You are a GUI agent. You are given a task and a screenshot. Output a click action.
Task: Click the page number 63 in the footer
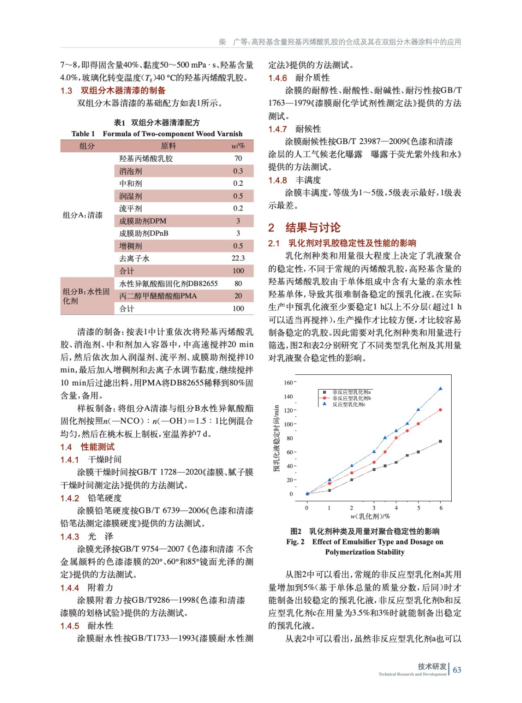click(x=457, y=670)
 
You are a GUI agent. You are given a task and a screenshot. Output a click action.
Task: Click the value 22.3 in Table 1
click(x=238, y=258)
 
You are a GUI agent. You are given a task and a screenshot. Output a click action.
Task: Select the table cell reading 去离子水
click(x=134, y=258)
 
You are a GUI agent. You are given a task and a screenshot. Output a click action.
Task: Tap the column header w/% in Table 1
click(x=238, y=146)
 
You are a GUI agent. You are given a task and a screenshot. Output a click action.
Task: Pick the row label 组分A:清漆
click(x=83, y=215)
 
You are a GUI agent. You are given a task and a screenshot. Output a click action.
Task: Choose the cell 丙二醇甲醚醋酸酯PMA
click(x=158, y=296)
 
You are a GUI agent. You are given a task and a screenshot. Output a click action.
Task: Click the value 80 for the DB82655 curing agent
click(x=238, y=283)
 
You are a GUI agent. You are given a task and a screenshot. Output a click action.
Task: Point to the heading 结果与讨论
click(x=313, y=228)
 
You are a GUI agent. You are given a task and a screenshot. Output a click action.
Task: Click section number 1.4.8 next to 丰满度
click(x=277, y=180)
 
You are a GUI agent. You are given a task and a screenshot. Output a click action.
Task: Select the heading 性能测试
click(x=98, y=447)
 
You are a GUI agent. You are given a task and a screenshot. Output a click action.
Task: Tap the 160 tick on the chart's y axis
click(x=288, y=383)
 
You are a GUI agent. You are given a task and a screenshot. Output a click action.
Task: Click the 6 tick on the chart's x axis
click(x=441, y=508)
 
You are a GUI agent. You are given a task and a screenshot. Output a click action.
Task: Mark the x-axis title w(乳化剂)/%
click(x=370, y=516)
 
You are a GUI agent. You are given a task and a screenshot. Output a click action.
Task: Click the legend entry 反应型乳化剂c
click(x=349, y=404)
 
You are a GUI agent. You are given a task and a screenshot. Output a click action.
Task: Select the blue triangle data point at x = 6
click(x=441, y=389)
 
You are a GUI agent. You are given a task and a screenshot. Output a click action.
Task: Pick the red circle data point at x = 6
click(x=441, y=410)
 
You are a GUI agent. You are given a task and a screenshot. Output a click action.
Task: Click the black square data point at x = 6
click(x=441, y=441)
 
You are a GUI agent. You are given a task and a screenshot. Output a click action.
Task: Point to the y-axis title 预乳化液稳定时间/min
click(x=276, y=438)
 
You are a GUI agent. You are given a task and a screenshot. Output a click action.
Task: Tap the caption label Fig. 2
click(x=295, y=542)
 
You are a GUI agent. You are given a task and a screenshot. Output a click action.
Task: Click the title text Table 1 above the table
click(x=83, y=134)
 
